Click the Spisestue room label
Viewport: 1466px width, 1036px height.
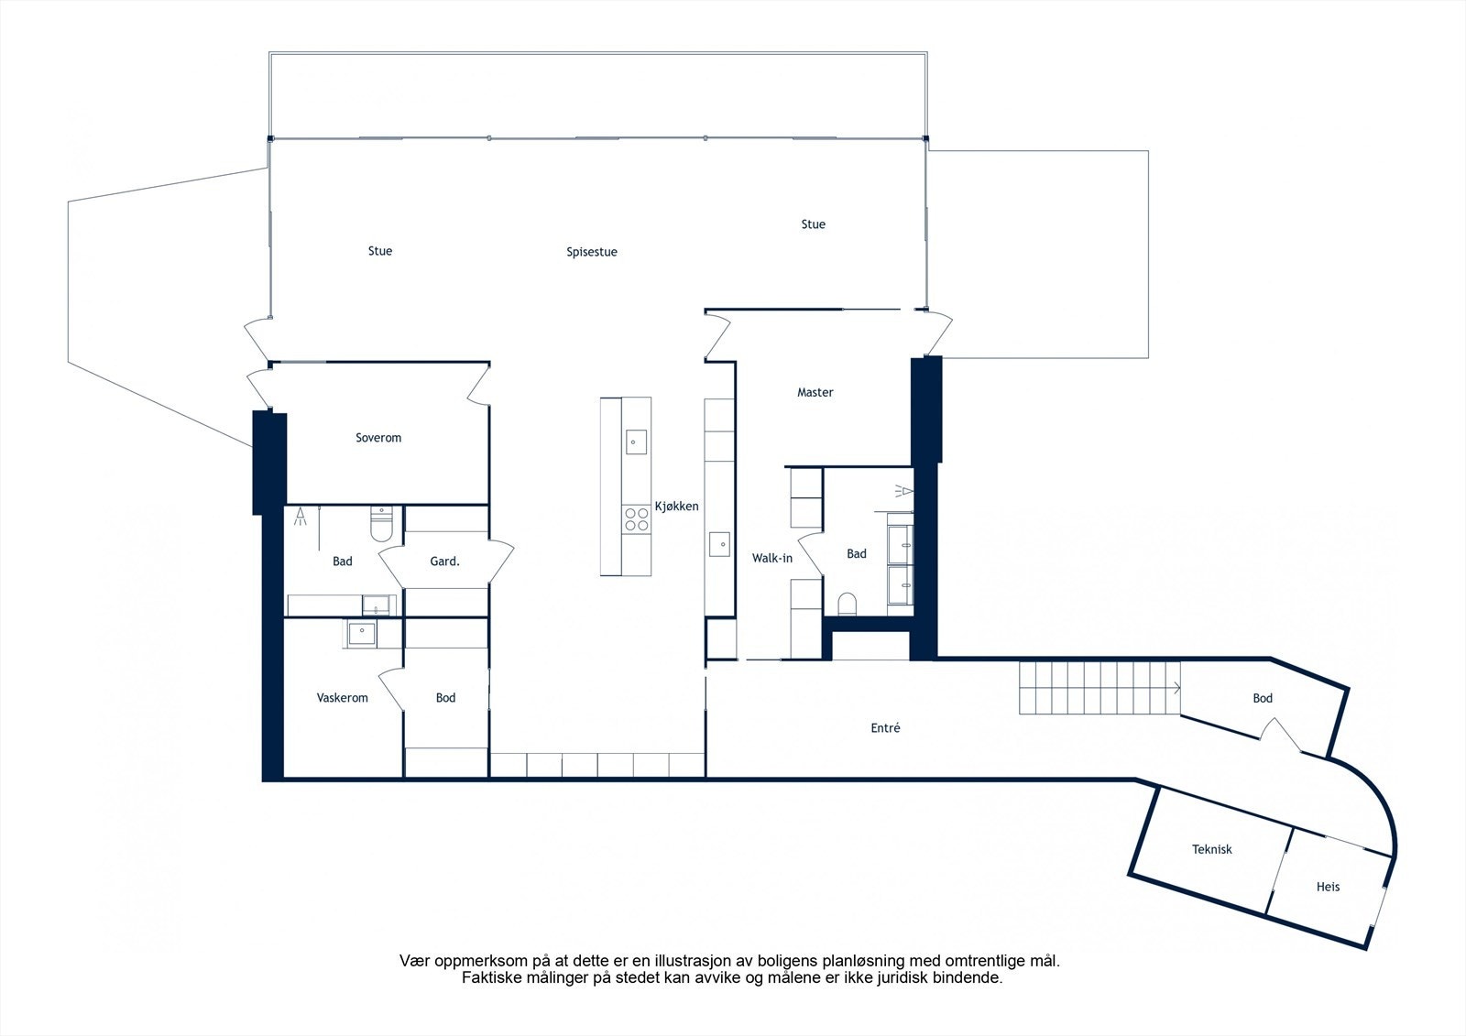tap(591, 252)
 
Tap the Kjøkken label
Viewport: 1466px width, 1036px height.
tap(676, 507)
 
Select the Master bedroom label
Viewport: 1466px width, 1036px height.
tap(815, 393)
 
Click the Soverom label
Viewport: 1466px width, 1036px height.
tap(378, 438)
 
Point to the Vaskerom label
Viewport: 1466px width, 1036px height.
tap(342, 698)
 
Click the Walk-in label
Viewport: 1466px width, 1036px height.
tap(771, 558)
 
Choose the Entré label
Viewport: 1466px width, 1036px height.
tap(885, 729)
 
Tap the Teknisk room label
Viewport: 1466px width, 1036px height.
tap(1211, 850)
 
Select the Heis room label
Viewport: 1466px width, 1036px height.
tap(1328, 887)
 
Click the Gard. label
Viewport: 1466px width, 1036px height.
tap(444, 562)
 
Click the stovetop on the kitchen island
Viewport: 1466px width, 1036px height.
tap(635, 519)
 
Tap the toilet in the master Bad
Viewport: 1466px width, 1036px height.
tap(848, 604)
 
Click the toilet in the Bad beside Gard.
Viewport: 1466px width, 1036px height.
tap(381, 527)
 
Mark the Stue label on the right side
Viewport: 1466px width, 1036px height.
tap(813, 224)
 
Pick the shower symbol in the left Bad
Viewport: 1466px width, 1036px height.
tap(301, 518)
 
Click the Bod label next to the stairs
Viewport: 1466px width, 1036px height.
tap(1263, 699)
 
